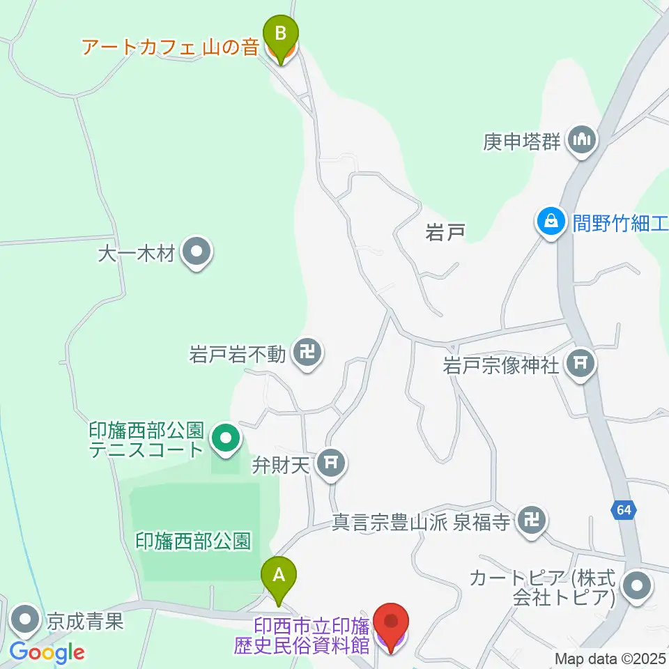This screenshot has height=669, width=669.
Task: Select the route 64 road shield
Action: click(624, 511)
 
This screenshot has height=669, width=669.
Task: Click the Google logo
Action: click(47, 652)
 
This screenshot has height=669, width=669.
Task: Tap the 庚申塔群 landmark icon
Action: click(582, 140)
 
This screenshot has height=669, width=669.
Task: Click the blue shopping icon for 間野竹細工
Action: click(551, 222)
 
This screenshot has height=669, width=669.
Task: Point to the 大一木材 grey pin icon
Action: click(196, 252)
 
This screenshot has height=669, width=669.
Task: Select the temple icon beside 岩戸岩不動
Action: click(307, 353)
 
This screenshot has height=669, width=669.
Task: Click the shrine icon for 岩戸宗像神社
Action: click(580, 362)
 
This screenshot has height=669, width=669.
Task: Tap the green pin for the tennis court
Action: click(225, 439)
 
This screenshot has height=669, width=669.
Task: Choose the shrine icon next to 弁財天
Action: click(331, 463)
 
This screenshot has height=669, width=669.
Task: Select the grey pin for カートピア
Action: click(636, 586)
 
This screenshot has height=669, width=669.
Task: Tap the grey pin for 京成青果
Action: click(26, 619)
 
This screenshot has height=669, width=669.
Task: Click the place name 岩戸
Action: click(445, 233)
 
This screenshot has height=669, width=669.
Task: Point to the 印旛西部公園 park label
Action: click(193, 541)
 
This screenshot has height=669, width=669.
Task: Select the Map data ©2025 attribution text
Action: click(610, 659)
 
